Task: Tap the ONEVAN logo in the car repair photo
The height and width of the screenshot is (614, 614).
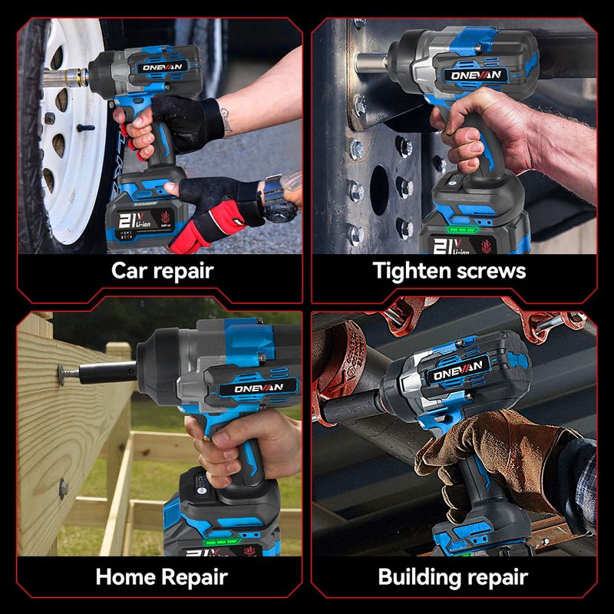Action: [x=162, y=68]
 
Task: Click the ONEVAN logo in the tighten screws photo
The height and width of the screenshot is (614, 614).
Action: [x=475, y=74]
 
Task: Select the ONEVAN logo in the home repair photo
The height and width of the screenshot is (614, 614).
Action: [x=259, y=388]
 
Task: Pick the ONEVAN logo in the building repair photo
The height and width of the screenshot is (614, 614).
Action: [x=457, y=371]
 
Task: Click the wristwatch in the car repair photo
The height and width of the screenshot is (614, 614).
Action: [x=277, y=199]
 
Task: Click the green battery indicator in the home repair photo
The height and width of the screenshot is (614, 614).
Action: [x=222, y=543]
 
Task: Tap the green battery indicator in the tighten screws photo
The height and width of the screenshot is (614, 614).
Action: [x=464, y=229]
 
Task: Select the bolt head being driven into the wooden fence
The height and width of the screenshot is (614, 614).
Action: [x=61, y=374]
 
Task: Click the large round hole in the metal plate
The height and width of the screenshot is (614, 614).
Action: [x=379, y=190]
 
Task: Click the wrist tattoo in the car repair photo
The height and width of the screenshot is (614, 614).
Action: [x=226, y=120]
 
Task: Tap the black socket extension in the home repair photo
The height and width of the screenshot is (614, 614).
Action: [x=107, y=372]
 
